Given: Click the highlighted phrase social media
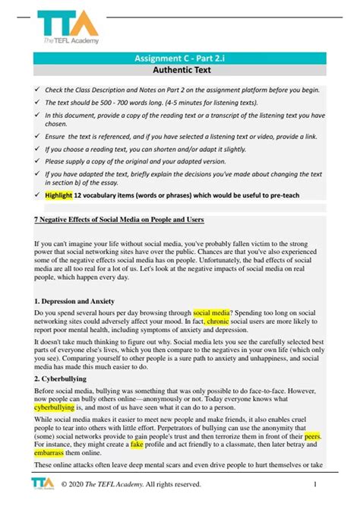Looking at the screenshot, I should pyautogui.click(x=213, y=312).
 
